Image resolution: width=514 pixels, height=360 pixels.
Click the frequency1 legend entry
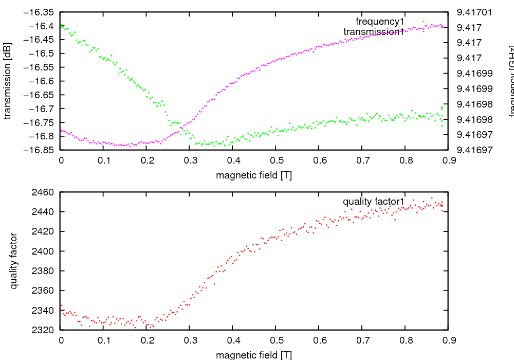coord(380,22)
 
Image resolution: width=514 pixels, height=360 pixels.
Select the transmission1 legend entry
coord(374,32)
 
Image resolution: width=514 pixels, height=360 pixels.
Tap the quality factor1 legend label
coord(374,201)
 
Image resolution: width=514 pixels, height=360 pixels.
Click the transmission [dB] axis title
coord(7,81)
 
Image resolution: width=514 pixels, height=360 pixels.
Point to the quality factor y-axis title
coord(14,261)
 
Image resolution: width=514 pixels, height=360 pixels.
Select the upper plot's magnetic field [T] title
coord(254,175)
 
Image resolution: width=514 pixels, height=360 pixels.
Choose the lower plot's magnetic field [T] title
coord(254,355)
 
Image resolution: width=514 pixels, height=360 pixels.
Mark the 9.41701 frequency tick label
coord(471,12)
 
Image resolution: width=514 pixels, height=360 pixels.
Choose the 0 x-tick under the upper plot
coord(61,160)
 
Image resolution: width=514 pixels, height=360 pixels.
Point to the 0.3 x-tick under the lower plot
coord(190,340)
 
